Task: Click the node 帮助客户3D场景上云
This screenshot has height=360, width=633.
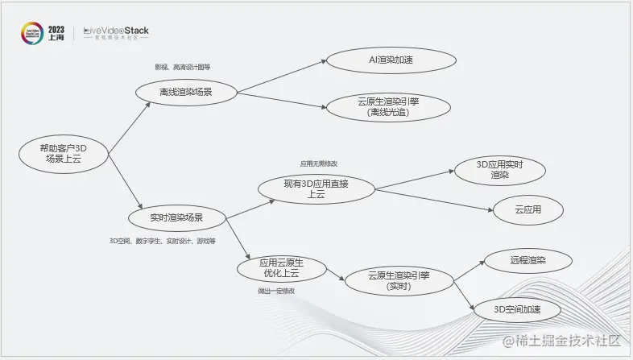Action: [x=64, y=153]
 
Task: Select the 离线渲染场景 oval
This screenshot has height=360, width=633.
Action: [x=186, y=93]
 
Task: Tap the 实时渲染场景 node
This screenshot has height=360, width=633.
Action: [x=176, y=217]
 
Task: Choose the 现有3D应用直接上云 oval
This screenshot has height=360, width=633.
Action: [x=316, y=190]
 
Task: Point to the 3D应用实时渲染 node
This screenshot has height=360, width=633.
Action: [x=499, y=169]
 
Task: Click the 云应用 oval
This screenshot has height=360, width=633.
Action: [x=527, y=210]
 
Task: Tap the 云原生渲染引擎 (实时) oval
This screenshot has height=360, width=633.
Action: [x=398, y=280]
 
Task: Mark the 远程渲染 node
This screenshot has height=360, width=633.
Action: [x=527, y=261]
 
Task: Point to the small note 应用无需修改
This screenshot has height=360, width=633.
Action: [x=319, y=163]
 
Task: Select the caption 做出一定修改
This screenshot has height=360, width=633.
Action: [x=276, y=291]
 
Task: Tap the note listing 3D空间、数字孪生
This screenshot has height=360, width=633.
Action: [x=163, y=241]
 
